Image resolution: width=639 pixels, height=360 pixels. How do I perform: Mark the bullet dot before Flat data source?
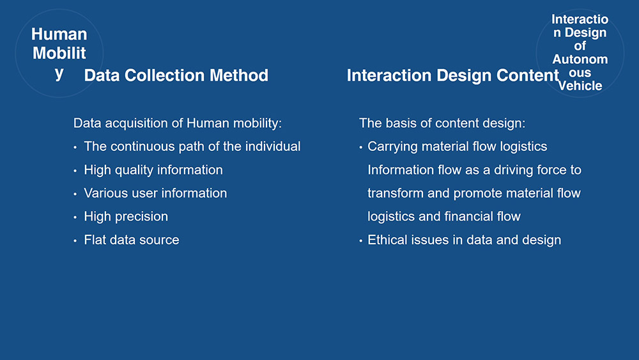pyautogui.click(x=75, y=241)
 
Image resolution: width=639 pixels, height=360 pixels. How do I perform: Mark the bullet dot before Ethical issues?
pyautogui.click(x=360, y=241)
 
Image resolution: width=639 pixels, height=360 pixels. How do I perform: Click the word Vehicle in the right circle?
pyautogui.click(x=580, y=86)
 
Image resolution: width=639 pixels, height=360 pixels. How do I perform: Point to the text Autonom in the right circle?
pyautogui.click(x=580, y=59)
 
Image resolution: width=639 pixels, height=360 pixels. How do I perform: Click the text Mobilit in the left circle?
pyautogui.click(x=59, y=54)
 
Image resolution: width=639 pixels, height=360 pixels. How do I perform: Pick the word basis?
pyautogui.click(x=397, y=123)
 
